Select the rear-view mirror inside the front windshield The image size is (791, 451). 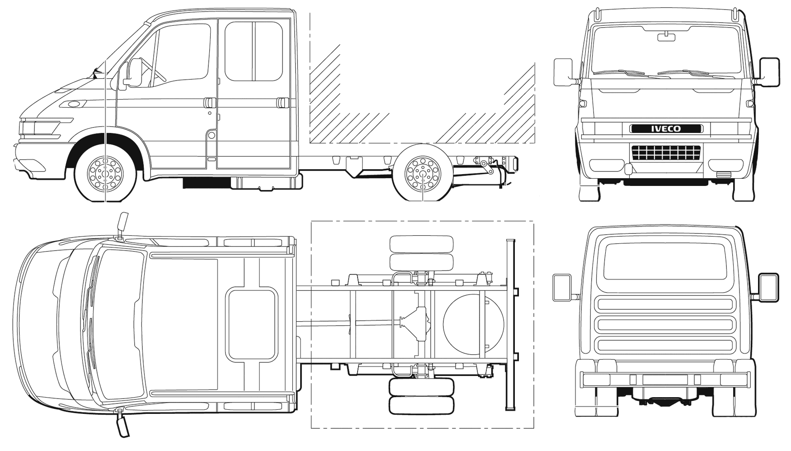coord(666,37)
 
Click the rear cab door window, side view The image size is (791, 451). coord(254,51)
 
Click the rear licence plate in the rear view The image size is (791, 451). coord(665,380)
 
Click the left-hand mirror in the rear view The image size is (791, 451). coord(562,287)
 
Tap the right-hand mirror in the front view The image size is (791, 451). coord(770,71)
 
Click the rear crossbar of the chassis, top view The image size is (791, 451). coord(511,324)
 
